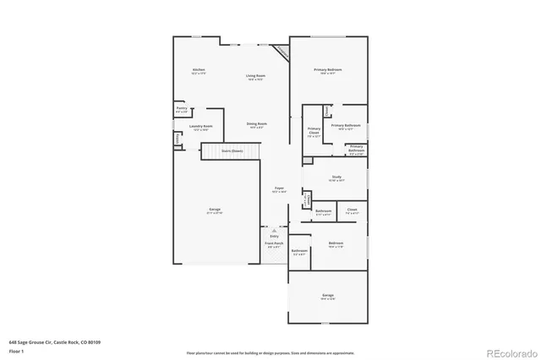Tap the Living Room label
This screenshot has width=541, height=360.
point(256,77)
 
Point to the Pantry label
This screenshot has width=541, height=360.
point(182,109)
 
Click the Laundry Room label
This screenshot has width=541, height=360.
point(202,128)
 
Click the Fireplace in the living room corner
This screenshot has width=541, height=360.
point(281,51)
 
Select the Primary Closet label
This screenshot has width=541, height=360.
point(314,131)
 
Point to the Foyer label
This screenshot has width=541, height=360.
point(278,190)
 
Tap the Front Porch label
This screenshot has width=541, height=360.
point(274,244)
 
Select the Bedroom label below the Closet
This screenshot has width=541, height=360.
point(336,244)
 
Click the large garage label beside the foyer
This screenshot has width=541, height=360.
point(216,210)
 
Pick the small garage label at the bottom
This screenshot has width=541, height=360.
point(327,297)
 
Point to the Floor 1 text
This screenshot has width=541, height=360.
point(16,352)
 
